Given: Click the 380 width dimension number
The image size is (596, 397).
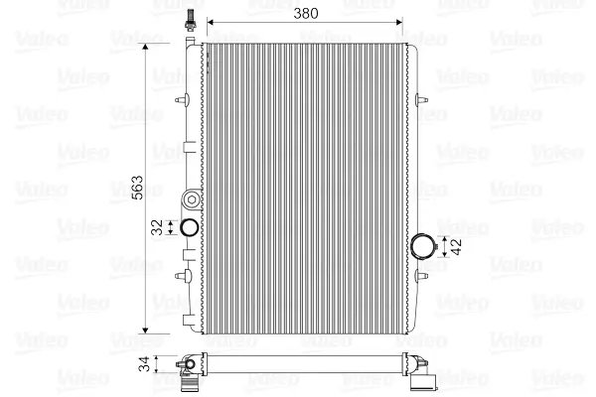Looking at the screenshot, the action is pyautogui.click(x=306, y=14).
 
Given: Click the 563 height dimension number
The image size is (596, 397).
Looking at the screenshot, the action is pyautogui.click(x=137, y=188).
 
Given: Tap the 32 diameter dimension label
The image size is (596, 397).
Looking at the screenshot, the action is pyautogui.click(x=157, y=227).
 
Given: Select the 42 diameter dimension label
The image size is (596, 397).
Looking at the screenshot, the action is pyautogui.click(x=456, y=246).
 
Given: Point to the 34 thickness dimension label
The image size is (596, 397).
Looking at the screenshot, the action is pyautogui.click(x=145, y=364).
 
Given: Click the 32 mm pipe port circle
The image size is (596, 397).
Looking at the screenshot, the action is pyautogui.click(x=189, y=227).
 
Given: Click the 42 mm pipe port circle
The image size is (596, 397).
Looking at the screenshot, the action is pyautogui.click(x=422, y=246).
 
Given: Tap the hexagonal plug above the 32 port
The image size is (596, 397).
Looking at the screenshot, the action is pyautogui.click(x=192, y=199).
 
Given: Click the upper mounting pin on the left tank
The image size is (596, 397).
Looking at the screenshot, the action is pyautogui.click(x=183, y=100).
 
